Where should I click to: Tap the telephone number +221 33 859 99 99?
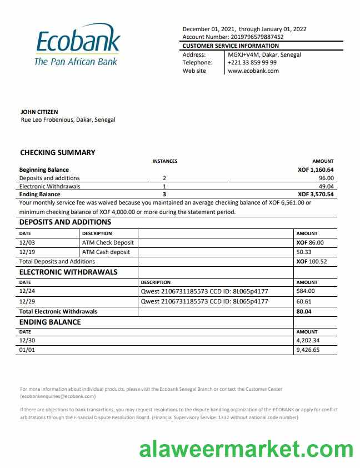[252, 63]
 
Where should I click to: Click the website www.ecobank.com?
[253, 71]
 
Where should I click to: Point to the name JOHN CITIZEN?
[39, 112]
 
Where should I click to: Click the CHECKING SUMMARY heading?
[58, 152]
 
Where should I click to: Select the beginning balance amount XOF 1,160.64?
[316, 170]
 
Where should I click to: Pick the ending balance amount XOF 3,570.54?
[316, 195]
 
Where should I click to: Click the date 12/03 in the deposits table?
[27, 243]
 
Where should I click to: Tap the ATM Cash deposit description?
[106, 252]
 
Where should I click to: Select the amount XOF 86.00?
[309, 243]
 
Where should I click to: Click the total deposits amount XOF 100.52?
[311, 261]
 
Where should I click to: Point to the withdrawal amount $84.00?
[306, 291]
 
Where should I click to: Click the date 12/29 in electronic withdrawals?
[27, 301]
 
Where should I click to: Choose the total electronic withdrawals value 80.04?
[304, 312]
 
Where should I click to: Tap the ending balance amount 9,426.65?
[308, 351]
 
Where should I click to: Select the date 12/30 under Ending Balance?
[27, 341]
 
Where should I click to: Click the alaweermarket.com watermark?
[246, 449]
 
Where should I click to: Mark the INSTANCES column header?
[165, 161]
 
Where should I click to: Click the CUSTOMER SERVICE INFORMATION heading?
[231, 46]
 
